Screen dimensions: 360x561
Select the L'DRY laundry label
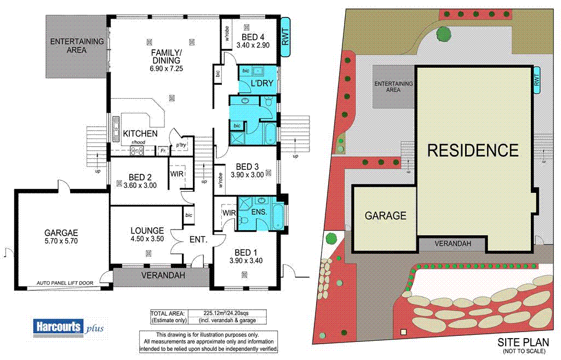(x=262, y=83)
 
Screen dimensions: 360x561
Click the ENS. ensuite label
(x=259, y=212)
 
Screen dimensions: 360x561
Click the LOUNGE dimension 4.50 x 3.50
(x=147, y=239)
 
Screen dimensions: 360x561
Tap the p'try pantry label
(x=181, y=146)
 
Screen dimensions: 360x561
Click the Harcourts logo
(x=58, y=326)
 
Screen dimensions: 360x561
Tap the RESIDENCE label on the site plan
(x=472, y=150)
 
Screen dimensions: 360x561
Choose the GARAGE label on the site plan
(x=386, y=215)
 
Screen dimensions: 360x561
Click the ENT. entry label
(x=198, y=239)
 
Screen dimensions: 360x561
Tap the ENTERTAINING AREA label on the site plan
(x=393, y=87)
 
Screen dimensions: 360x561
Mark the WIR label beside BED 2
(x=177, y=174)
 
